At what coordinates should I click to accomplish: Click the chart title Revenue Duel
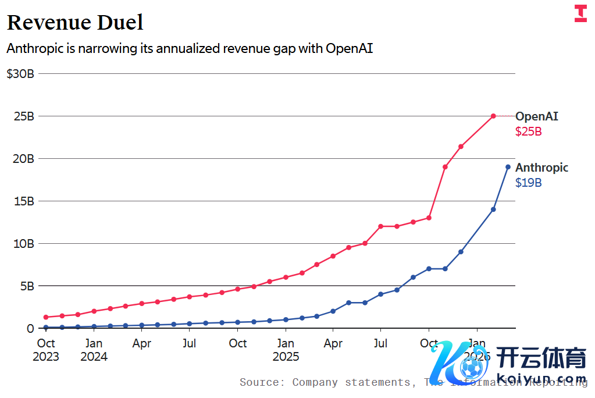(75, 22)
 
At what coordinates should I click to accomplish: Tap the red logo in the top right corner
(580, 14)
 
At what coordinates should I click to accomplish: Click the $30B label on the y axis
(20, 74)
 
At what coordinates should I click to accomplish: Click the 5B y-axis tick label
(26, 286)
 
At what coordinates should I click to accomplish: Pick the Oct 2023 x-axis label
(46, 350)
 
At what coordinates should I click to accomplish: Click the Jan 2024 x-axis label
(94, 350)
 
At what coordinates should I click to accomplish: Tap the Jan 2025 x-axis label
(286, 350)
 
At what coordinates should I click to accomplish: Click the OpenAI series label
(536, 116)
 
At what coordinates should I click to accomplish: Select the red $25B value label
(528, 132)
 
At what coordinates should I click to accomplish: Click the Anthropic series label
(541, 168)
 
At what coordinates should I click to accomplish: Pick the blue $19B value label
(528, 183)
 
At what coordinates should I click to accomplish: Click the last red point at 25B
(493, 116)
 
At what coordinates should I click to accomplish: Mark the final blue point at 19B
(508, 167)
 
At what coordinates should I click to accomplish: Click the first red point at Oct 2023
(46, 317)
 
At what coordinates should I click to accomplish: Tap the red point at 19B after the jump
(445, 167)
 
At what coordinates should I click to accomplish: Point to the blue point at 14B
(493, 209)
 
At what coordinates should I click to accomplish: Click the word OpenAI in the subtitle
(349, 48)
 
